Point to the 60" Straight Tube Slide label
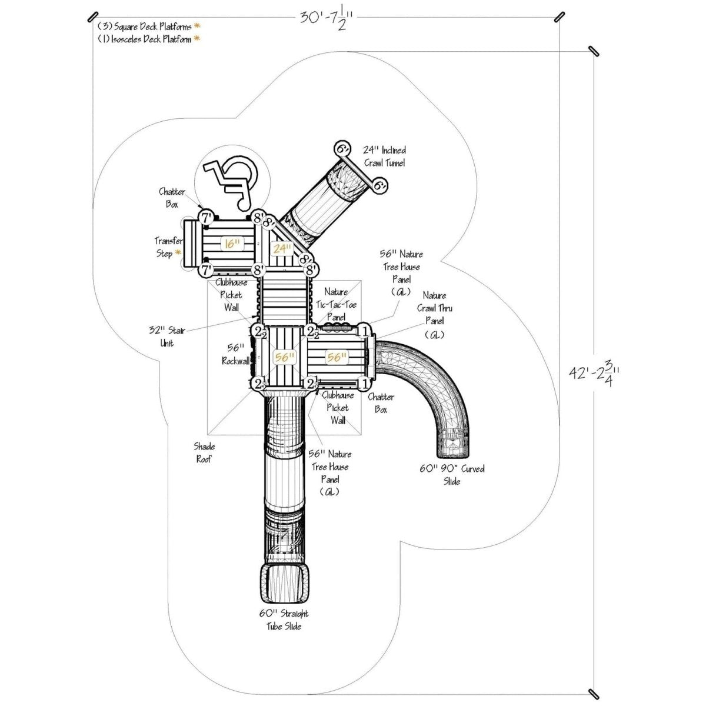pyautogui.click(x=284, y=620)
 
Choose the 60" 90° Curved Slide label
pyautogui.click(x=452, y=475)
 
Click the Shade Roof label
pyautogui.click(x=205, y=452)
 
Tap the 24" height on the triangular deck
pyautogui.click(x=282, y=248)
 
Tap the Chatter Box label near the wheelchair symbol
pyautogui.click(x=172, y=198)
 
